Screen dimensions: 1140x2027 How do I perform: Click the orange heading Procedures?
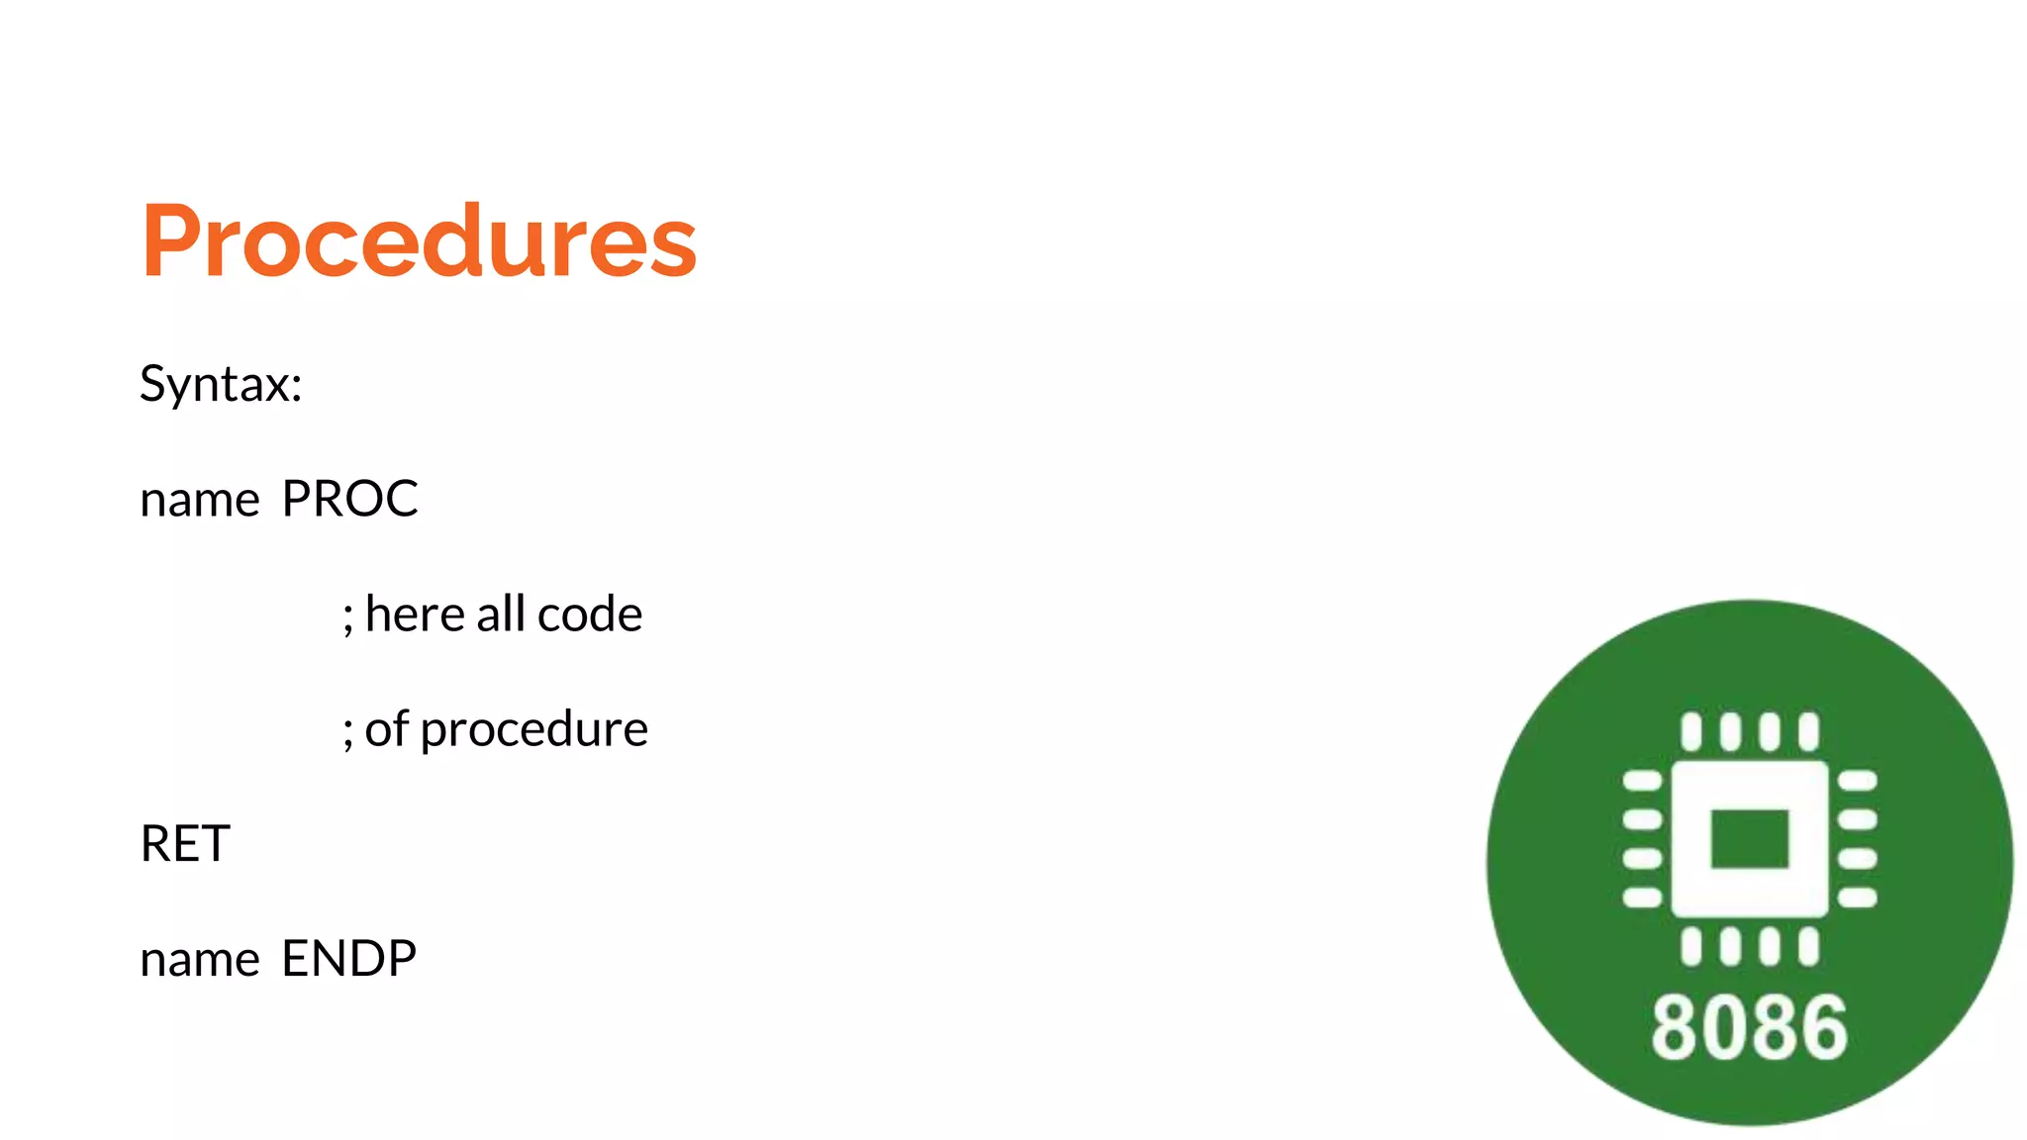(419, 240)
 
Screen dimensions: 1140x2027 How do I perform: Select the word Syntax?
(221, 384)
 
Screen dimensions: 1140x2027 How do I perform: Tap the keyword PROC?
(349, 499)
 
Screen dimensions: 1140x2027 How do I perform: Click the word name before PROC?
(200, 501)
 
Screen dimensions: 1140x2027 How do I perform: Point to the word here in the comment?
(415, 615)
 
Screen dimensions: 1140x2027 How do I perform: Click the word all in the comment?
(501, 615)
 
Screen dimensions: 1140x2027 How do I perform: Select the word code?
(590, 615)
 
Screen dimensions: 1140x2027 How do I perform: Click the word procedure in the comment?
(534, 730)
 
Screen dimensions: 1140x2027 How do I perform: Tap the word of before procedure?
(386, 729)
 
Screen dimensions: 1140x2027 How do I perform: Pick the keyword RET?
(185, 844)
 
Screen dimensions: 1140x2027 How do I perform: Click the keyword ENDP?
(349, 959)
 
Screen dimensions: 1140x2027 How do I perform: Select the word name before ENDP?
(200, 961)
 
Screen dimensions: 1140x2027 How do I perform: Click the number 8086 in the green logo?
(1749, 1028)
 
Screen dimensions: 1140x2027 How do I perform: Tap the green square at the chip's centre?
(1749, 838)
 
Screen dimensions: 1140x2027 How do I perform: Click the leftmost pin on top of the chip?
(1691, 731)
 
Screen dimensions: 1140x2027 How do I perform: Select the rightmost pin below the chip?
(1808, 946)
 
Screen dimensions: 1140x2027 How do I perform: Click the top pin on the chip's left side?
(1643, 781)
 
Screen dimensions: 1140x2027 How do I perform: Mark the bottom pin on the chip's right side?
(1857, 898)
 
